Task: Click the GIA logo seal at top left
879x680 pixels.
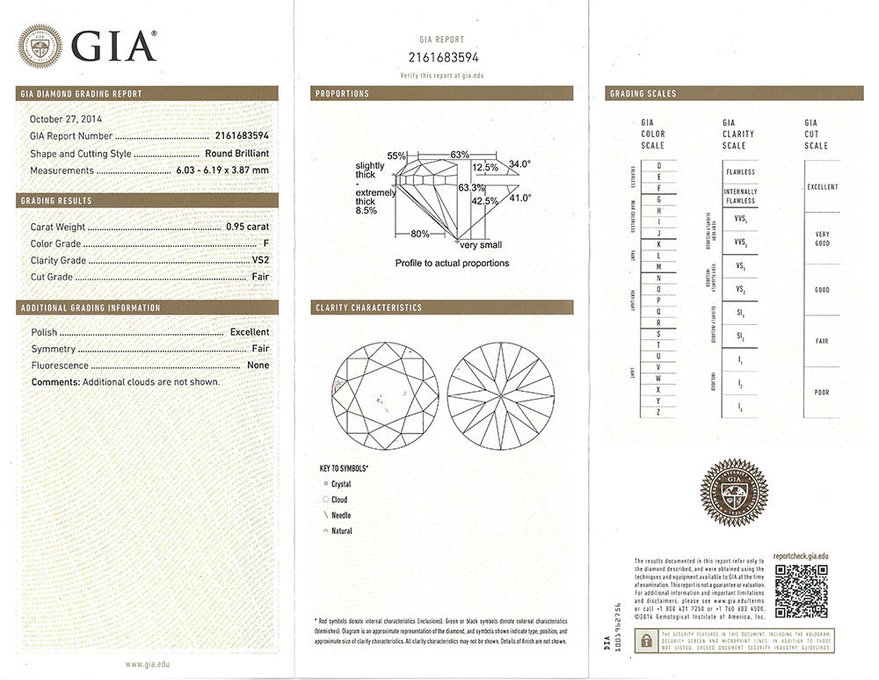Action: (40, 46)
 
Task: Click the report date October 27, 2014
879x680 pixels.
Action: (67, 119)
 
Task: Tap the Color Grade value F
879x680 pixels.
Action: (265, 243)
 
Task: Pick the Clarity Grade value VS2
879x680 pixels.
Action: (259, 261)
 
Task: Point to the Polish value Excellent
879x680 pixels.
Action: (250, 332)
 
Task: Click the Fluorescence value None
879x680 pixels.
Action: (258, 365)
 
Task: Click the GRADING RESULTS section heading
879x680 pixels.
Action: (56, 201)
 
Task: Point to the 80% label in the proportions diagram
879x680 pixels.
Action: (419, 235)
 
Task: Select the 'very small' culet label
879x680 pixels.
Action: (480, 245)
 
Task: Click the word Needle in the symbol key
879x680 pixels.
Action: (341, 516)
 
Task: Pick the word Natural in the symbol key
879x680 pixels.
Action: (342, 532)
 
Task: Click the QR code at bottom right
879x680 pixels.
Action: (801, 590)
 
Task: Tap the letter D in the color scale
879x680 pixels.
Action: (658, 165)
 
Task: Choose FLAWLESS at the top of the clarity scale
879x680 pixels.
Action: (740, 172)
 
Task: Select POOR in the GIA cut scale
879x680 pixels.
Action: (822, 392)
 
